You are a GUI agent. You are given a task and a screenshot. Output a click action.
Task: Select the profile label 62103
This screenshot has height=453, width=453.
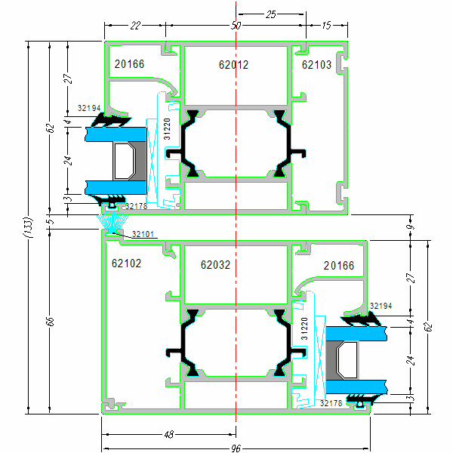tap(316, 65)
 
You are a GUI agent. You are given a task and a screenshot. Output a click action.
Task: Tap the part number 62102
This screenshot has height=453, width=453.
tap(127, 264)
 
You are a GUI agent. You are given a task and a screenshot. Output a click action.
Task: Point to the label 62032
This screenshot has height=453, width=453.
tap(215, 265)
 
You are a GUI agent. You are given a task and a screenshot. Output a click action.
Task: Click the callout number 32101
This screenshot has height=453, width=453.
tap(143, 234)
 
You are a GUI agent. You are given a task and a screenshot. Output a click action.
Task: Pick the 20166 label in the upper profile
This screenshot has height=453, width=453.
tap(129, 64)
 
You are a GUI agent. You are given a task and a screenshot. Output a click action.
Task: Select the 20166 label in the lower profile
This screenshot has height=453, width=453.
tap(338, 266)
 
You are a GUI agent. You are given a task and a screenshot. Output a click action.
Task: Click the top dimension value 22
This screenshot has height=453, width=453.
tap(135, 26)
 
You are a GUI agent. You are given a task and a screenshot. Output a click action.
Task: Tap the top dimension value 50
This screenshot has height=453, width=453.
tap(236, 26)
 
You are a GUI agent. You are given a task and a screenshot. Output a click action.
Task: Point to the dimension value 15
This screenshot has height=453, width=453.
tap(326, 26)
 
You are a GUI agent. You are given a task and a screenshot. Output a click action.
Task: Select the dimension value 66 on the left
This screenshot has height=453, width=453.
tap(50, 322)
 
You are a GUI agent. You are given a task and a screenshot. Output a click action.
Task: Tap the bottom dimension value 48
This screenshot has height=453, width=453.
tap(169, 434)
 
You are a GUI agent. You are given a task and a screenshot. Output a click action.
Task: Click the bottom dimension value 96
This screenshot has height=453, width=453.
tap(236, 448)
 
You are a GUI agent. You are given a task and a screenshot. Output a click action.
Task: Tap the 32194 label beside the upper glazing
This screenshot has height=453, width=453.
tap(88, 108)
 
